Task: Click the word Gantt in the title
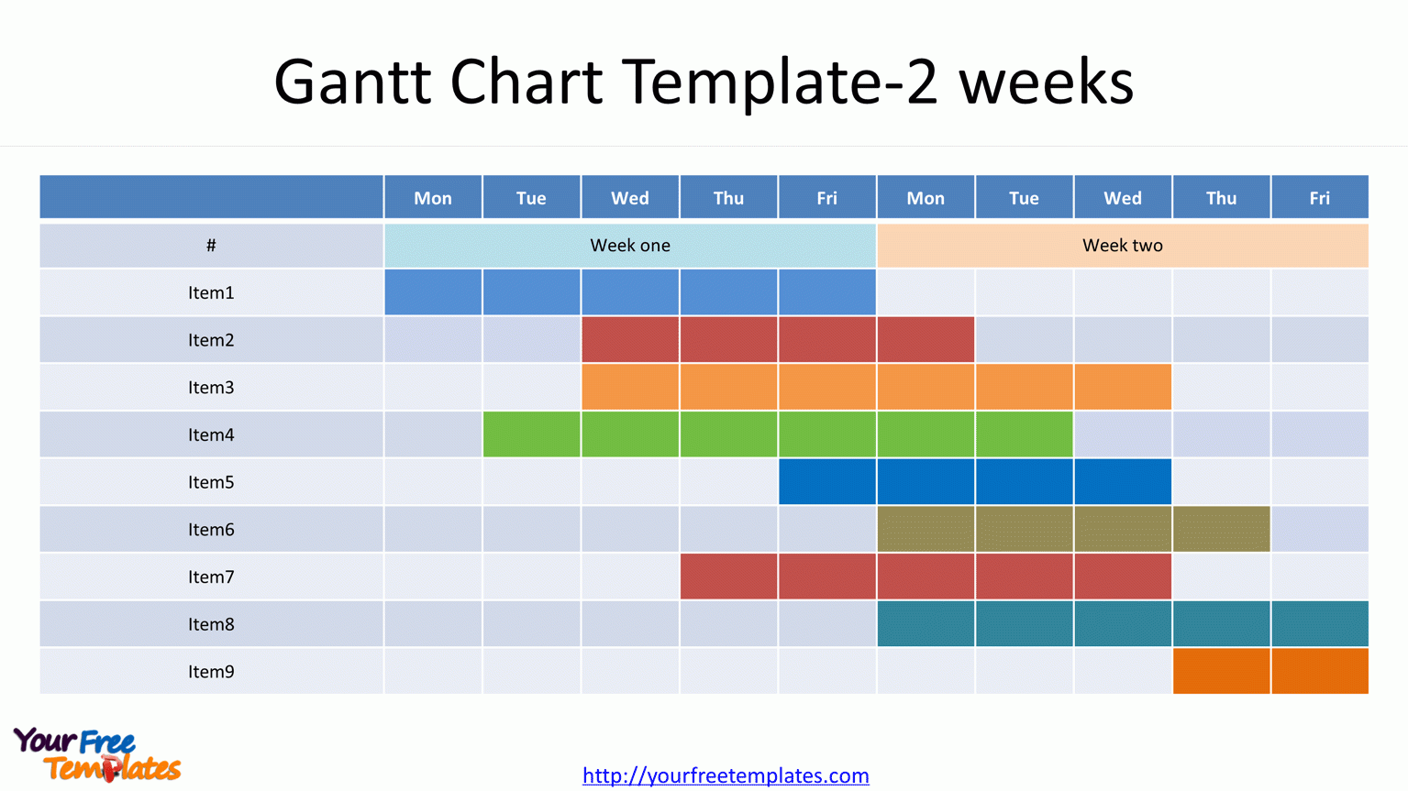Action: pos(352,82)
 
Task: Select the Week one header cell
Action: pos(629,246)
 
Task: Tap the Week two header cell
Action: pos(1122,246)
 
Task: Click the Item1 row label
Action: pos(211,293)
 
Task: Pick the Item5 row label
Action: pos(211,482)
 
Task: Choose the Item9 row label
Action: pos(211,672)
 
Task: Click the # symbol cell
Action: pos(211,246)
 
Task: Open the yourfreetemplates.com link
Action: pos(726,775)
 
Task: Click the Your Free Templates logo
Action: pos(96,754)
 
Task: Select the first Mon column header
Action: pos(433,198)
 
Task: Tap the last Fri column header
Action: pos(1319,198)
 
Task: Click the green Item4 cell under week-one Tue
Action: pos(531,434)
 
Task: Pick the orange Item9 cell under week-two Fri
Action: pos(1319,671)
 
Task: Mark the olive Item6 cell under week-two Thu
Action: pos(1221,529)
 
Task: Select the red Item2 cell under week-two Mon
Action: pos(926,340)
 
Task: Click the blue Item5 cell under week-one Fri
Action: pos(826,482)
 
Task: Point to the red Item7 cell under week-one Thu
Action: pos(728,577)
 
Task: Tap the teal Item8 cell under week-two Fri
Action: pos(1319,624)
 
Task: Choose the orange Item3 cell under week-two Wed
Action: pos(1122,387)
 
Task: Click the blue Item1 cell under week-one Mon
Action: pos(433,292)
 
